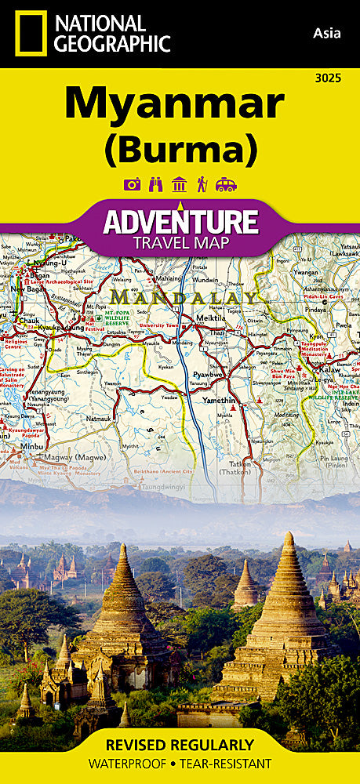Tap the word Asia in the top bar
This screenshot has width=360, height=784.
(327, 32)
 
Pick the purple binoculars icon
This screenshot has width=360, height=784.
(155, 185)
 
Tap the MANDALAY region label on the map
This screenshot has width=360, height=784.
(185, 298)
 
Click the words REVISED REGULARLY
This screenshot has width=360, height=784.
(180, 744)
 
